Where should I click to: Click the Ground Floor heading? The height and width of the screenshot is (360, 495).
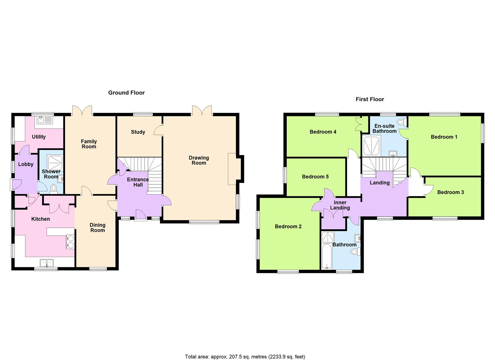(x=126, y=93)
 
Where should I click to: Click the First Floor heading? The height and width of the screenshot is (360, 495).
(x=370, y=99)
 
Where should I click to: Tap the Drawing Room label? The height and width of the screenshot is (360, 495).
(x=199, y=160)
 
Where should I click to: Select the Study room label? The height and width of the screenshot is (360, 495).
(x=138, y=132)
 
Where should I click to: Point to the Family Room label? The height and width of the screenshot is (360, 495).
(x=89, y=144)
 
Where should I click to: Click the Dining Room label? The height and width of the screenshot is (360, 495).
(x=97, y=228)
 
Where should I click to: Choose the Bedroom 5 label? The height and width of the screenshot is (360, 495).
(x=315, y=177)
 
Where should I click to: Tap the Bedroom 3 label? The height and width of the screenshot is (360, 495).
(x=450, y=192)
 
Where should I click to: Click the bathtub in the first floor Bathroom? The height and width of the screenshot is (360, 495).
(x=327, y=256)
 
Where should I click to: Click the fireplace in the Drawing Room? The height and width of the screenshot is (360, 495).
(x=232, y=169)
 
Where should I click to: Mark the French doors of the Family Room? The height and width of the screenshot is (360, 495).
(x=82, y=110)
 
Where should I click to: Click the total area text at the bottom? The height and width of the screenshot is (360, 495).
(x=245, y=357)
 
